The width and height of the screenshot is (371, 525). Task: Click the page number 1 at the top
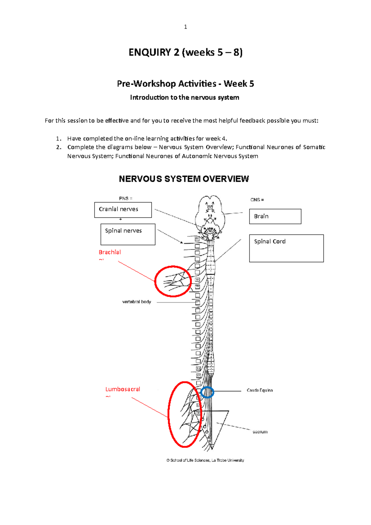185,27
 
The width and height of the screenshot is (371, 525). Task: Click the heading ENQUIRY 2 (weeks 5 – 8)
185,52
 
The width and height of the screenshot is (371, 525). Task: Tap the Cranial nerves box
123,210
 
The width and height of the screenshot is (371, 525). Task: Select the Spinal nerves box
128,234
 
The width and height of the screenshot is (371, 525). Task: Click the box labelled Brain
275,216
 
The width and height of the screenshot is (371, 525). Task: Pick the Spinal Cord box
286,248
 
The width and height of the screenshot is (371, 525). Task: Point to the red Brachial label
110,252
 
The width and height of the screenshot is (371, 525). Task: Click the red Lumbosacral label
123,389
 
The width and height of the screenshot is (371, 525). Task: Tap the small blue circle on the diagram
207,392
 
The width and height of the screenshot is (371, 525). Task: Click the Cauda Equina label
259,391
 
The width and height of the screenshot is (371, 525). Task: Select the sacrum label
260,432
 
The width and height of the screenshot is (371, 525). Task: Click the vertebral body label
137,302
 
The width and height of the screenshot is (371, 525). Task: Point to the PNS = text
126,198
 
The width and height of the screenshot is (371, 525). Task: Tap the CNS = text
257,200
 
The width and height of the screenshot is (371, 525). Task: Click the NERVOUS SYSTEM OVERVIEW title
184,179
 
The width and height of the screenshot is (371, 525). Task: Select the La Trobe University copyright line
205,460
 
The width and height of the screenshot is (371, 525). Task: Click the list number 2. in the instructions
59,147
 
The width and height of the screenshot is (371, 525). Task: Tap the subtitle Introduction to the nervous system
185,97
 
